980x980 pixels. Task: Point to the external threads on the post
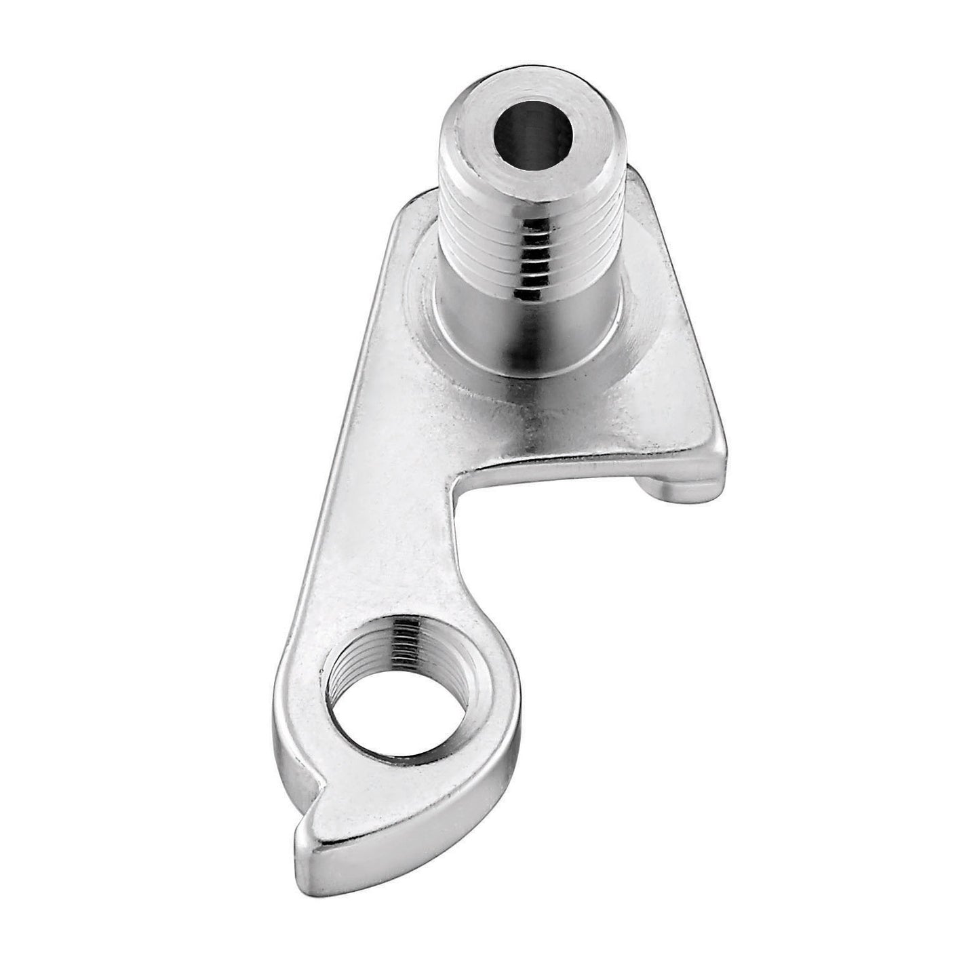[475, 251]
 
